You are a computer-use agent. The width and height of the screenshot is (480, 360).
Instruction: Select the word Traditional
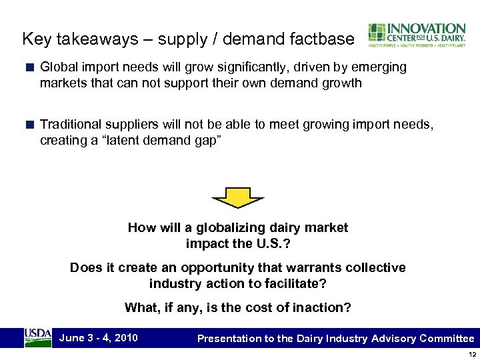[x=71, y=124]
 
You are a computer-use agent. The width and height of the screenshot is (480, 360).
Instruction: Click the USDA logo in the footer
[x=37, y=337]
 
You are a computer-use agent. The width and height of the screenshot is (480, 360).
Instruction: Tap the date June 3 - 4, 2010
[x=98, y=337]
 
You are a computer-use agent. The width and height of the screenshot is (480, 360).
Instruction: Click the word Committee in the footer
[x=447, y=339]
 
